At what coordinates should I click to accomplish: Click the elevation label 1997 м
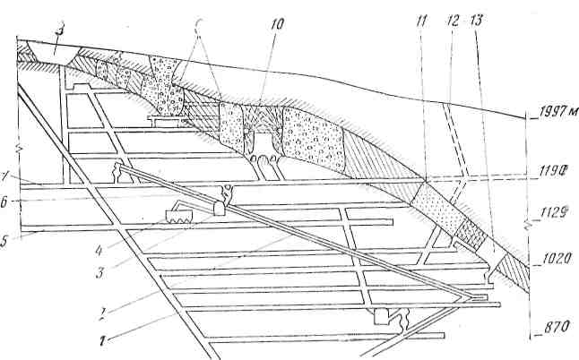[x=552, y=113]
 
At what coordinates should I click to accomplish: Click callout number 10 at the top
[x=276, y=26]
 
